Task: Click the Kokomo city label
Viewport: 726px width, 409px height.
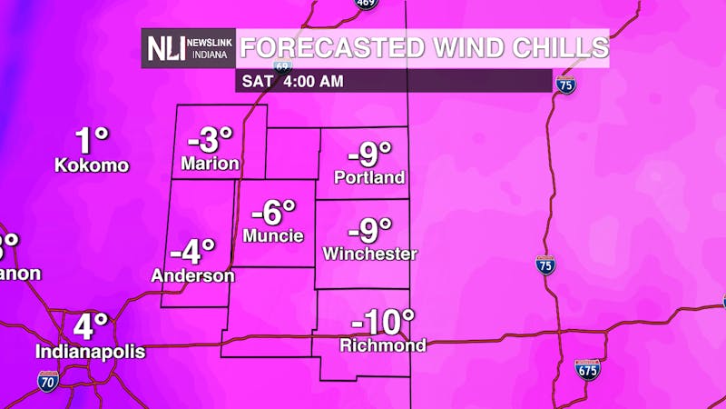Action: pyautogui.click(x=92, y=165)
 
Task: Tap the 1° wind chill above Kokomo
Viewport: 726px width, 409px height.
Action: pyautogui.click(x=92, y=140)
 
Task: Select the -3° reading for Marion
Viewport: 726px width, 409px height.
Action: pyautogui.click(x=211, y=141)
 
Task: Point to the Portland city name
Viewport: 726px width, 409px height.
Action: pyautogui.click(x=368, y=177)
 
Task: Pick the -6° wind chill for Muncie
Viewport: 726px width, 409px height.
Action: pyautogui.click(x=273, y=213)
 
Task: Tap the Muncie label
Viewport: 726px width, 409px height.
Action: pyautogui.click(x=273, y=235)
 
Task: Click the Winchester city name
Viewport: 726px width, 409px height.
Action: pyautogui.click(x=369, y=254)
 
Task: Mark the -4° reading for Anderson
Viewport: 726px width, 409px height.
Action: pyautogui.click(x=192, y=250)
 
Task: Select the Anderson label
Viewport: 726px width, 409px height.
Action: pyautogui.click(x=192, y=274)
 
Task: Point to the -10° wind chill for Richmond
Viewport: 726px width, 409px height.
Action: pyautogui.click(x=382, y=322)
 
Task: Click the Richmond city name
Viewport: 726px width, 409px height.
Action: pyautogui.click(x=382, y=345)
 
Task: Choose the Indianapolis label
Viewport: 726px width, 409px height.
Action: pyautogui.click(x=91, y=350)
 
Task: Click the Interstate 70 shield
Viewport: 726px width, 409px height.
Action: pyautogui.click(x=49, y=380)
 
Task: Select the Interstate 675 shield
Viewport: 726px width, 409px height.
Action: pyautogui.click(x=587, y=369)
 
